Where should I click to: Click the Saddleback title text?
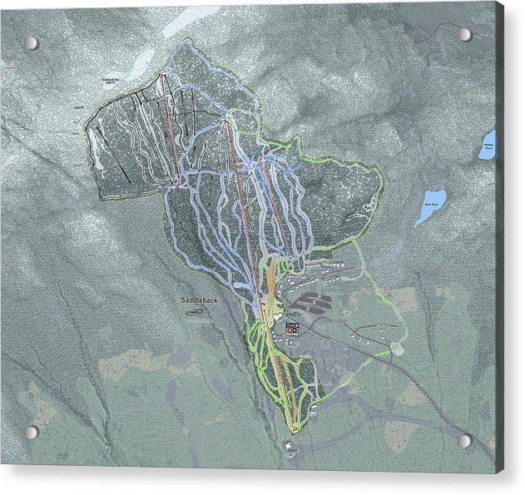click(198, 299)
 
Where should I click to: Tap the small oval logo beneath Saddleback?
click(193, 312)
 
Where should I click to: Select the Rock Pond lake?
click(430, 207)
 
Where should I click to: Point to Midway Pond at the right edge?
click(488, 145)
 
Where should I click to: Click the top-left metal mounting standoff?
click(31, 42)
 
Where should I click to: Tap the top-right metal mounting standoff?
click(464, 35)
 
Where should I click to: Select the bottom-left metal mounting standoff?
click(31, 433)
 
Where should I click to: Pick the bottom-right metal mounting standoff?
click(465, 440)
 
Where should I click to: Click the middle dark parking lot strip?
click(315, 297)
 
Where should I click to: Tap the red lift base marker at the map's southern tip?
click(294, 429)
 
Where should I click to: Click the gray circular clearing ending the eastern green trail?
click(398, 349)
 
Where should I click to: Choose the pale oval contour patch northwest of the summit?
click(143, 60)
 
